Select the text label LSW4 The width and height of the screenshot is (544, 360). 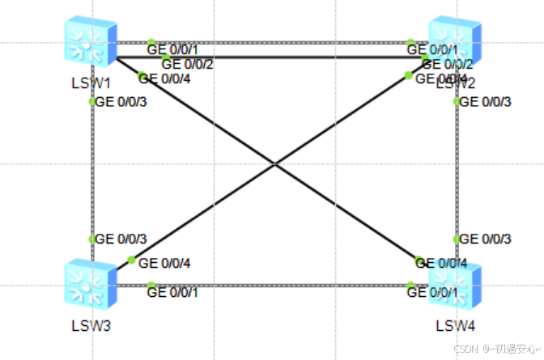455,326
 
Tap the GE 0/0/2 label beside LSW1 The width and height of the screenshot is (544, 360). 187,64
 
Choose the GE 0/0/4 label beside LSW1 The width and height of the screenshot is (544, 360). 171,78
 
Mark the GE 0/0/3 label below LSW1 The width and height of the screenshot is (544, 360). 121,102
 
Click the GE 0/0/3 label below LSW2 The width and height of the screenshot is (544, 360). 486,102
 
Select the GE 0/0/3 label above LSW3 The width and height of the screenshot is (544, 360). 121,239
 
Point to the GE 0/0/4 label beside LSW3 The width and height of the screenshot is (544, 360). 165,263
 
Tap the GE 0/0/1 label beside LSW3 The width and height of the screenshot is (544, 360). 172,292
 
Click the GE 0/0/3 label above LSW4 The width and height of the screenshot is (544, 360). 486,239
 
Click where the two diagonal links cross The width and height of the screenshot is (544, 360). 274,164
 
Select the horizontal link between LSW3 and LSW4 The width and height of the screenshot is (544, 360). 275,284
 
